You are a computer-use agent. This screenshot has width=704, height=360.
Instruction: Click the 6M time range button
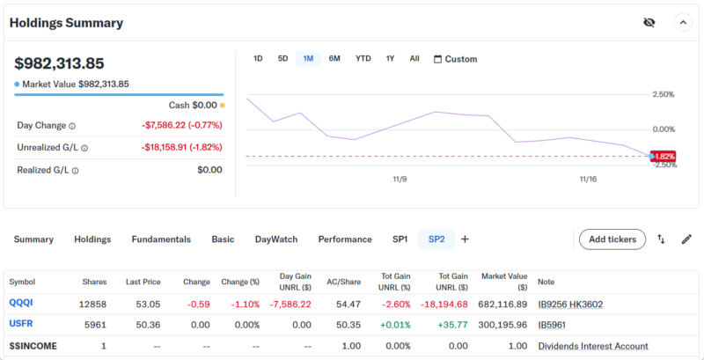[334, 59]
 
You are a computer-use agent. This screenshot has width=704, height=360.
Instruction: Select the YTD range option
[363, 59]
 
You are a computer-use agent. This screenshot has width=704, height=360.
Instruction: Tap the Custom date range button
[456, 59]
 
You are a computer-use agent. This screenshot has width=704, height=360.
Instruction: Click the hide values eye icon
[649, 23]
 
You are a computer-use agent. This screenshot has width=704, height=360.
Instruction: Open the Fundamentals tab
[161, 239]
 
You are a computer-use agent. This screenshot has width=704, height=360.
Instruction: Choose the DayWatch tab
[276, 239]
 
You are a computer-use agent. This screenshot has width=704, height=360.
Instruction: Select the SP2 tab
[436, 239]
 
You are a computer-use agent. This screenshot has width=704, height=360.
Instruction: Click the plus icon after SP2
[466, 239]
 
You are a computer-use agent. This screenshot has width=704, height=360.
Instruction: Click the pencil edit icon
[686, 239]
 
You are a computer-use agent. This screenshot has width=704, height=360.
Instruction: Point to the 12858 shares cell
[93, 304]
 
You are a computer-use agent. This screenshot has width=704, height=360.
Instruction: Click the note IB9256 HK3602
[570, 304]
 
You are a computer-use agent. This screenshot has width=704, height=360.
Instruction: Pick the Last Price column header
[143, 282]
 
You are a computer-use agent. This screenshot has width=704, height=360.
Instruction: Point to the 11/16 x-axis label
[589, 179]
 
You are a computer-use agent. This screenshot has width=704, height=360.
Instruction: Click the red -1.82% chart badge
[664, 156]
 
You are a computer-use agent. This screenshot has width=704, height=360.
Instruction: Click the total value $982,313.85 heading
[60, 63]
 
